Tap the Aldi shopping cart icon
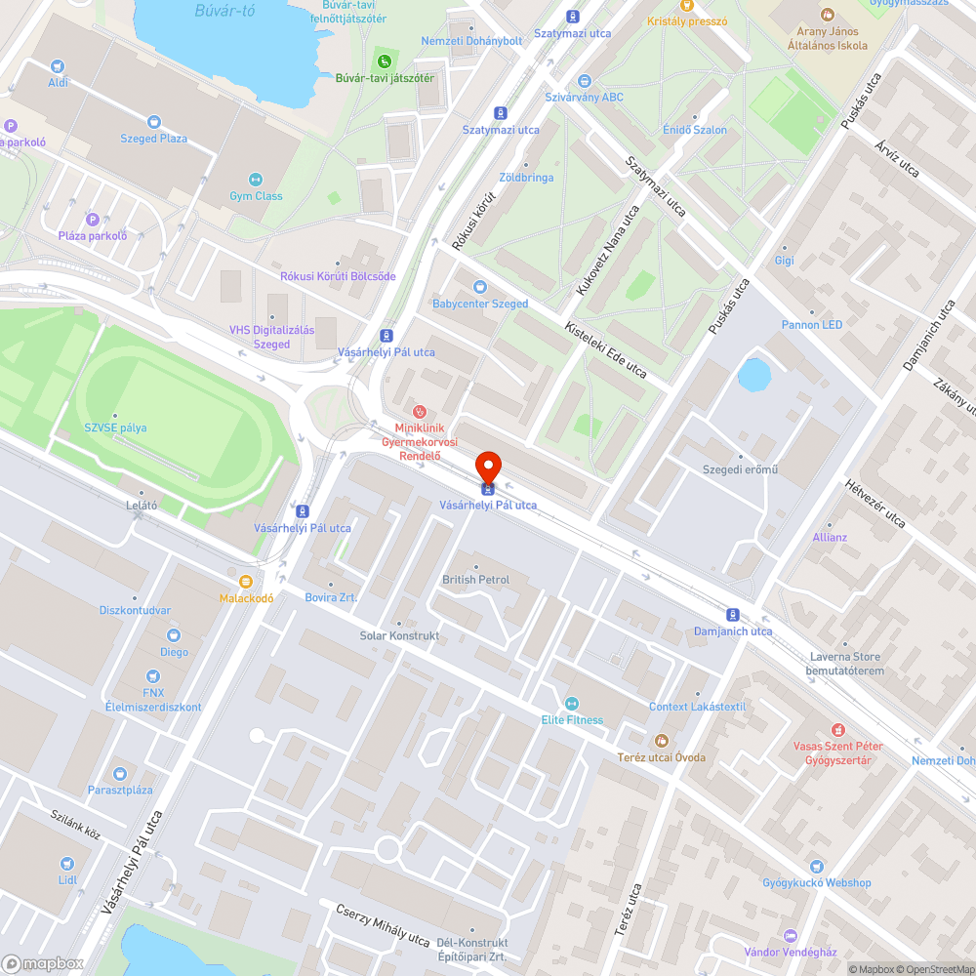(x=59, y=66)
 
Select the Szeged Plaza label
(x=153, y=139)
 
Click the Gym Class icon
(x=256, y=180)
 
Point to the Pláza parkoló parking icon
(x=93, y=220)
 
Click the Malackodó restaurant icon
(x=246, y=581)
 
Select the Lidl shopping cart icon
(x=66, y=863)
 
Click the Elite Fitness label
(x=572, y=720)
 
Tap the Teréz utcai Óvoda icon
(x=661, y=741)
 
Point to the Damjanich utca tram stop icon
(x=733, y=614)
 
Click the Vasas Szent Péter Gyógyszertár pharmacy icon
(x=837, y=729)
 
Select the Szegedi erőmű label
(x=740, y=469)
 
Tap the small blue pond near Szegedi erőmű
(x=753, y=374)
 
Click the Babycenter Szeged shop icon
(x=479, y=287)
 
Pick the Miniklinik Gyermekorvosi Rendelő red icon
(x=420, y=411)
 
